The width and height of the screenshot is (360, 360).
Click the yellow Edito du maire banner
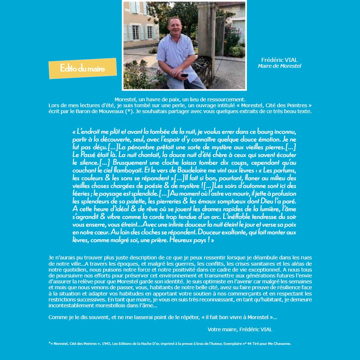click(x=83, y=68)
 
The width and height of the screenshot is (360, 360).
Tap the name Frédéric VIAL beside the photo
click(x=279, y=60)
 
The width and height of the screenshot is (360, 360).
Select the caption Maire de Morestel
click(x=279, y=66)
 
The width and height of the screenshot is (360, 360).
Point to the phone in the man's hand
click(x=185, y=75)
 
